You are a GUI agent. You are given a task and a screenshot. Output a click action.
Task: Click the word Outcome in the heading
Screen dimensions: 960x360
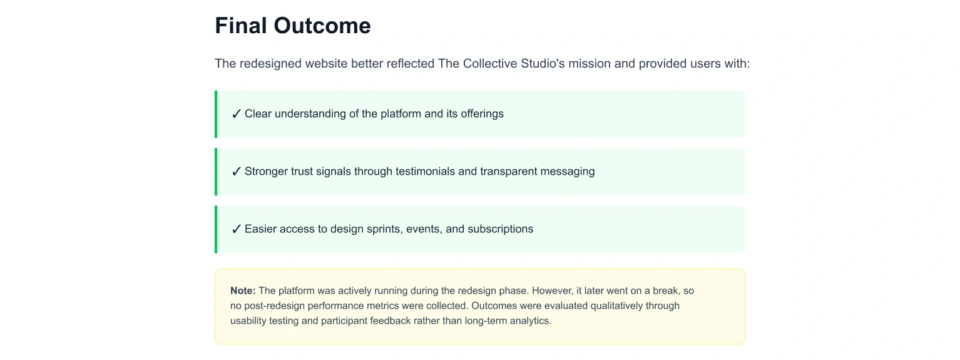point(322,26)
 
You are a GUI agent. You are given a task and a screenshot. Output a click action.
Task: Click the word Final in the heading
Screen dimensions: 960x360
point(241,26)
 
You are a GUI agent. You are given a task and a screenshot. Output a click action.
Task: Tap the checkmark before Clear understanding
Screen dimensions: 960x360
point(236,114)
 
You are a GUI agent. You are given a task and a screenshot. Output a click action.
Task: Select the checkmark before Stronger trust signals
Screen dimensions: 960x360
point(236,172)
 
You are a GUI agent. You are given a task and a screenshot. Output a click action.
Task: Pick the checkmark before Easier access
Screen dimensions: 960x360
point(236,229)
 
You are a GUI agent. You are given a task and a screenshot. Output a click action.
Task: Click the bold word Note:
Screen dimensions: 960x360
point(243,291)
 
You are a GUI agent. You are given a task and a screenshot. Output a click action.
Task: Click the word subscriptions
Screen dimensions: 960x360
point(500,229)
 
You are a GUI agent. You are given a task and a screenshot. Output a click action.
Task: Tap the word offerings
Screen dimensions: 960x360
point(482,114)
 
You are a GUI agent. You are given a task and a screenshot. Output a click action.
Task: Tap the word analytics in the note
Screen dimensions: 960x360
point(530,321)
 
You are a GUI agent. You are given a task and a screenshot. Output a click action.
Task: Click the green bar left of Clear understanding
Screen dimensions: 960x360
point(216,114)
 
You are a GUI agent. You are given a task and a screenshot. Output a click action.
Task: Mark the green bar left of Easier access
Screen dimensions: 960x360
point(216,229)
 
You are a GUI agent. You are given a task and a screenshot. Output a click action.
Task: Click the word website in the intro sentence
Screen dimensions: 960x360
point(326,63)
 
